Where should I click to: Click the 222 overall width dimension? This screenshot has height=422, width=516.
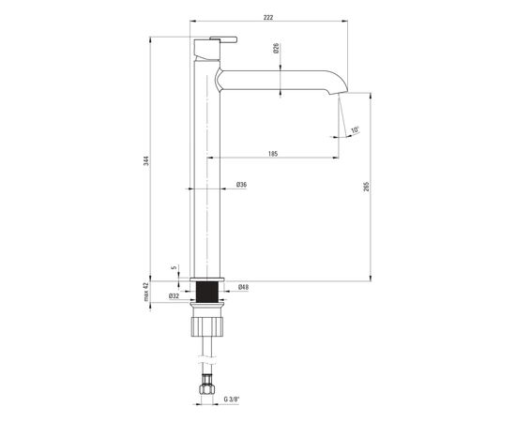point(268,18)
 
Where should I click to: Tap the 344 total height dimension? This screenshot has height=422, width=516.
point(146,160)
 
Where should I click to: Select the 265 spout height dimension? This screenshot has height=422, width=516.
point(367,187)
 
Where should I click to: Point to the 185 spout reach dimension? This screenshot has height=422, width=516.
point(273,154)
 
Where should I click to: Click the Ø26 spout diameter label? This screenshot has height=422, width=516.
point(276,48)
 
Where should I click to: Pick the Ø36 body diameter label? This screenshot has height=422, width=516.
point(241,185)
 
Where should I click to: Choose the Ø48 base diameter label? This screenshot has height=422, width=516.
point(243,287)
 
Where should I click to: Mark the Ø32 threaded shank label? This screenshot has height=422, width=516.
point(174,296)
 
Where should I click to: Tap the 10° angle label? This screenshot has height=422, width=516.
point(355,130)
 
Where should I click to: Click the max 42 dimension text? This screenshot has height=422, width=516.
point(146,292)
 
